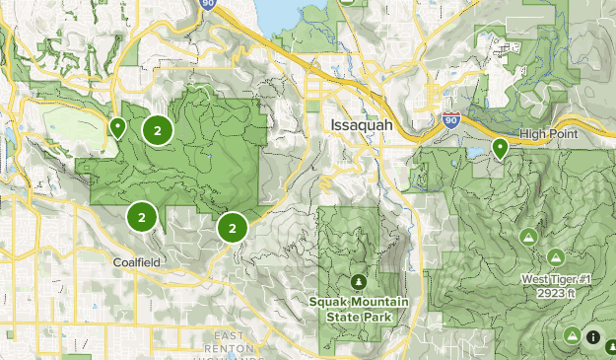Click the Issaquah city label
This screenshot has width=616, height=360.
click(x=350, y=128)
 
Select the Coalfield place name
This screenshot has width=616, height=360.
click(x=136, y=261)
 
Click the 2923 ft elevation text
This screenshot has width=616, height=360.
click(x=555, y=294)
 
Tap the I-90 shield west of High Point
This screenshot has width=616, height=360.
click(x=450, y=119)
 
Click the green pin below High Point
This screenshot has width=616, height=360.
click(x=501, y=149)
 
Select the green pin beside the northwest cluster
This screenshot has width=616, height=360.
click(x=117, y=126)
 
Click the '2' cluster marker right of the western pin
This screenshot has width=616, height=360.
click(x=157, y=129)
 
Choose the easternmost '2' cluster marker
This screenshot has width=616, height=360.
click(x=232, y=228)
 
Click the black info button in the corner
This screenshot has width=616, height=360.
click(x=592, y=337)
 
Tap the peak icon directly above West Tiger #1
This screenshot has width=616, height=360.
click(x=556, y=256)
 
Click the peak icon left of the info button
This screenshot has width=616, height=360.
click(x=573, y=335)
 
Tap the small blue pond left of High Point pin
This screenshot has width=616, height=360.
click(x=476, y=154)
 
